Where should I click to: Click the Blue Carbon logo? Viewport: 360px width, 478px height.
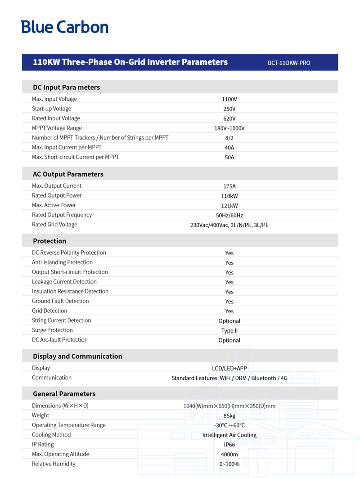click(x=65, y=27)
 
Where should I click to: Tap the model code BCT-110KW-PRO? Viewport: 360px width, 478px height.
click(x=288, y=63)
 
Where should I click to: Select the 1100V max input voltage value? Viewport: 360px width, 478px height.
click(x=229, y=99)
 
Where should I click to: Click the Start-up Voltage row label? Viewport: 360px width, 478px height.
click(x=51, y=108)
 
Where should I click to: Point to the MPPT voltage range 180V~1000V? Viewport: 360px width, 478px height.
click(x=229, y=128)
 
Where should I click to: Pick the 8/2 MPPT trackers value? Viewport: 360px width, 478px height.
click(x=229, y=138)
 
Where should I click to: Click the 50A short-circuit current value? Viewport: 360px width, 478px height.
click(x=229, y=158)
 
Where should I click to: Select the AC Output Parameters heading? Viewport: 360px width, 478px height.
click(x=68, y=174)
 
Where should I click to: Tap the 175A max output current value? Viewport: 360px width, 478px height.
click(x=229, y=186)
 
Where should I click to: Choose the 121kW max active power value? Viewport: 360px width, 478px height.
click(x=229, y=206)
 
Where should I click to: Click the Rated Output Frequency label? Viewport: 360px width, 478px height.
click(x=62, y=215)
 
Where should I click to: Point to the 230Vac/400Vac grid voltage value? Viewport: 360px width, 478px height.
click(x=229, y=225)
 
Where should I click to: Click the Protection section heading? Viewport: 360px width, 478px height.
click(x=49, y=241)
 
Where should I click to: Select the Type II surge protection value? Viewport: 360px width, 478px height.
click(x=229, y=331)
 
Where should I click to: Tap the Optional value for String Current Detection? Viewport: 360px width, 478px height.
click(x=229, y=321)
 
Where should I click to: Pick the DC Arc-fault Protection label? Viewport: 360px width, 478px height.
click(x=59, y=340)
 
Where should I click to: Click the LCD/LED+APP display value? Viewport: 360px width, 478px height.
click(x=229, y=368)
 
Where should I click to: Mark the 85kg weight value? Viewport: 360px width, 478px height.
click(x=229, y=416)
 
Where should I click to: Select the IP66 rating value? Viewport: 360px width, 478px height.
click(x=229, y=445)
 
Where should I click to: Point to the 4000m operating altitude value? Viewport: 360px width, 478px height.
click(x=229, y=455)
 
